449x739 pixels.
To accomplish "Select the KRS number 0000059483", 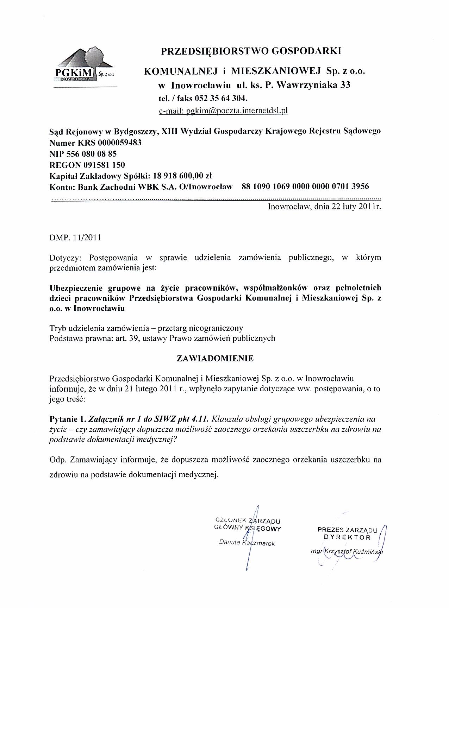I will tap(120, 143).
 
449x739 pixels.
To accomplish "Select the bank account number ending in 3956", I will tap(305, 186).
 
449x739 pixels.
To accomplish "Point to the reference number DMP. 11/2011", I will tap(75, 238).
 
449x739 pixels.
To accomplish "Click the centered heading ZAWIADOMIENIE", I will tap(215, 358).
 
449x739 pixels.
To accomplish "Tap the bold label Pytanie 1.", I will tap(67, 419).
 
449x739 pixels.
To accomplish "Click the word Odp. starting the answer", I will tap(57, 460).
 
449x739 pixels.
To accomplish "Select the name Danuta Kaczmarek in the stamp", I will tap(247, 543).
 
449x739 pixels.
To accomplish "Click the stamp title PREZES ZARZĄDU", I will tap(347, 530).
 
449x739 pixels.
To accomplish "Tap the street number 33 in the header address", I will tap(345, 85).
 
